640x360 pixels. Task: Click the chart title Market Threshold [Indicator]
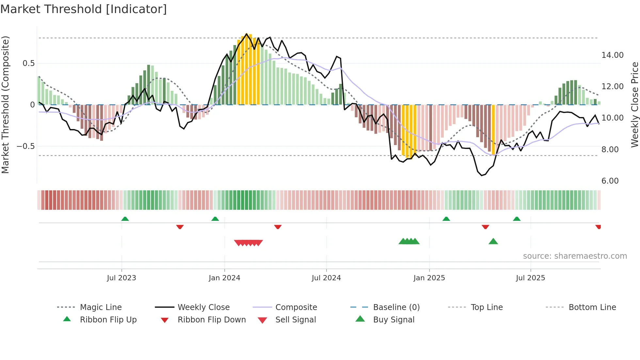[x=84, y=9]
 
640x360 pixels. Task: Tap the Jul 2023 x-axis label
[x=121, y=278]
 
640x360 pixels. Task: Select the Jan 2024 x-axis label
[x=224, y=278]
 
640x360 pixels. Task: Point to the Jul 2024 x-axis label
[x=326, y=278]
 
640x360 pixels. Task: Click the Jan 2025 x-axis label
[x=429, y=278]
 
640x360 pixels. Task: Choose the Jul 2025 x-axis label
[x=530, y=278]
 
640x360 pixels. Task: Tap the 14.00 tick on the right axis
[x=612, y=55]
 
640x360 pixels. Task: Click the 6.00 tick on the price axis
[x=610, y=181]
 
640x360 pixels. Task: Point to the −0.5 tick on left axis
[x=25, y=146]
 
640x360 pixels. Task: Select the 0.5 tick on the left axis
[x=28, y=63]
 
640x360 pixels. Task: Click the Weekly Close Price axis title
[x=634, y=105]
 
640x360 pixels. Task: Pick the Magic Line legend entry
[x=101, y=307]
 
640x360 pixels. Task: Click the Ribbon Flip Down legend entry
[x=211, y=320]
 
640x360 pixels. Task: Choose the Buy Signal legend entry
[x=393, y=320]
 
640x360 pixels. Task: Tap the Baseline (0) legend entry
[x=396, y=307]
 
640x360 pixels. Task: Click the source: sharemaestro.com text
[x=575, y=256]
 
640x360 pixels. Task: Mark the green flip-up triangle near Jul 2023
[x=125, y=219]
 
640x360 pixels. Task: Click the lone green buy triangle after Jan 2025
[x=493, y=241]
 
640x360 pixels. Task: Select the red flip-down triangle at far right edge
[x=598, y=227]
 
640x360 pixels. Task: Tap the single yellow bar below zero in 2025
[x=493, y=130]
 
